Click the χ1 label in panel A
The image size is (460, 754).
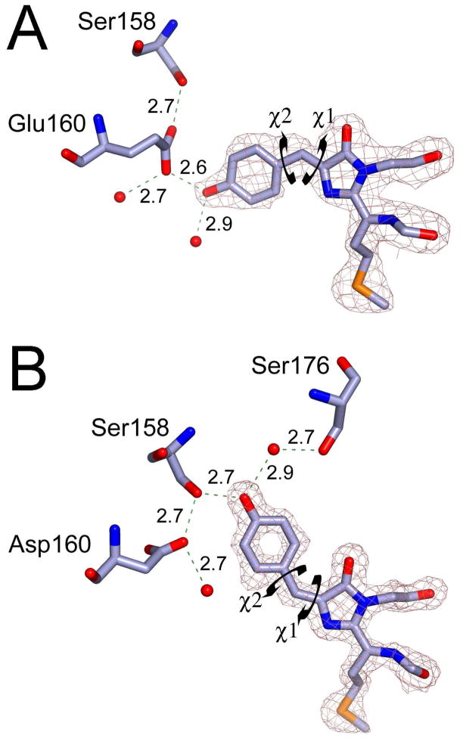(x=324, y=120)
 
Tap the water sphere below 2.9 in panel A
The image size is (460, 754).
(x=196, y=242)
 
